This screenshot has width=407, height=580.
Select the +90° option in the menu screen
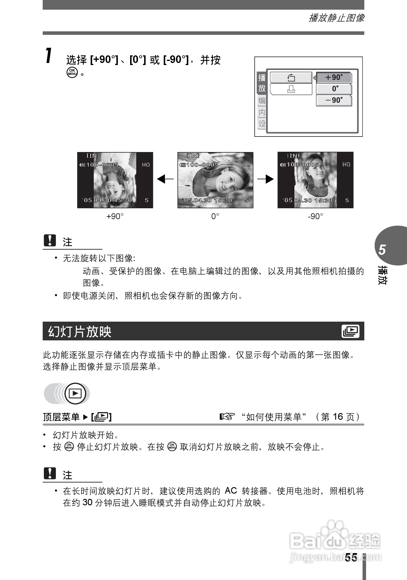click(x=334, y=78)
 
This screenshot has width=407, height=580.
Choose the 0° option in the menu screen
click(x=334, y=89)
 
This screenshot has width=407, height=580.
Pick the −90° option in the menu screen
click(x=334, y=100)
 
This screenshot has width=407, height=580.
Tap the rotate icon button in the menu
click(x=291, y=78)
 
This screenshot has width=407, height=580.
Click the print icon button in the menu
click(x=291, y=89)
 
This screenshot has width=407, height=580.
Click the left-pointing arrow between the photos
click(x=165, y=179)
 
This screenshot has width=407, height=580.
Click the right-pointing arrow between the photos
click(x=265, y=179)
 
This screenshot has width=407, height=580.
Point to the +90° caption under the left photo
click(x=115, y=216)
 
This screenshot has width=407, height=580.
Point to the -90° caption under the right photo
click(x=315, y=216)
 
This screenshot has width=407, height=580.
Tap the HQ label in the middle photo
click(x=246, y=165)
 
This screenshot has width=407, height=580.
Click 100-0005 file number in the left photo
click(x=102, y=165)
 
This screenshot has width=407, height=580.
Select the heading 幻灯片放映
click(x=80, y=332)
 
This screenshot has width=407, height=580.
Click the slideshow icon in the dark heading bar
click(x=350, y=331)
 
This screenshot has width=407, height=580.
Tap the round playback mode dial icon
click(x=75, y=393)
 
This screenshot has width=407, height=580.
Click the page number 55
click(x=351, y=557)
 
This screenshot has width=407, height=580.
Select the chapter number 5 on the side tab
click(x=382, y=250)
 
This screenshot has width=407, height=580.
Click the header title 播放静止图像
click(x=336, y=18)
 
